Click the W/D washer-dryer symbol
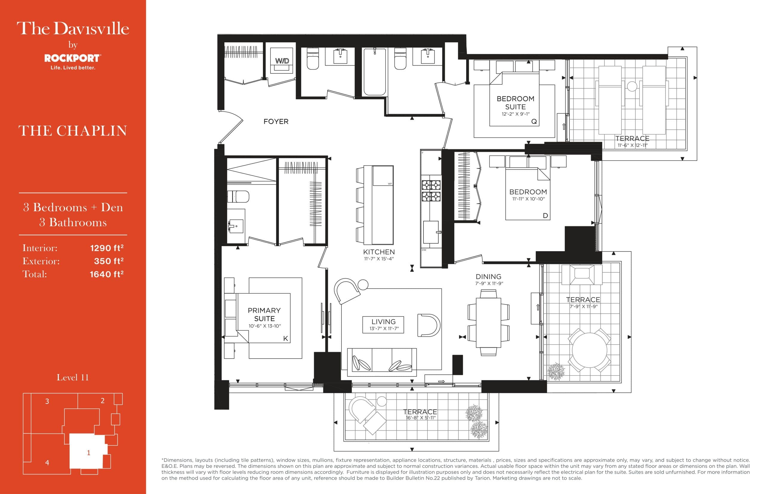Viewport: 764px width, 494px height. (281, 61)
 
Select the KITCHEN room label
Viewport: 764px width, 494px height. (379, 252)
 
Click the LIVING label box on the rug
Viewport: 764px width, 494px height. (383, 324)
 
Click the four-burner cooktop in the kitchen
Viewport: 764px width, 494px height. (431, 191)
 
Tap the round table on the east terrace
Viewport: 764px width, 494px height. (589, 350)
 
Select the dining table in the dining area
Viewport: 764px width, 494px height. (488, 322)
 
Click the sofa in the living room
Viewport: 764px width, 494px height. (382, 362)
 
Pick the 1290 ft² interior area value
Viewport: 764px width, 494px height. (107, 248)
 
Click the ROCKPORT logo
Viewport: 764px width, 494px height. (72, 58)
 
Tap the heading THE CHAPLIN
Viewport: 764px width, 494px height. (73, 131)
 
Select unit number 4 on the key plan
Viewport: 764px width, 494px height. (47, 463)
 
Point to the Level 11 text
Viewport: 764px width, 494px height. (73, 377)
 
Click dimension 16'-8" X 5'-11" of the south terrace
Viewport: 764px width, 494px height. (420, 418)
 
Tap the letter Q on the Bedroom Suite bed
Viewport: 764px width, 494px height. (534, 121)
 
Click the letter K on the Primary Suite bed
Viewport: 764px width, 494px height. (285, 338)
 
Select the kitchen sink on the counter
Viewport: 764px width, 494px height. (431, 232)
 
